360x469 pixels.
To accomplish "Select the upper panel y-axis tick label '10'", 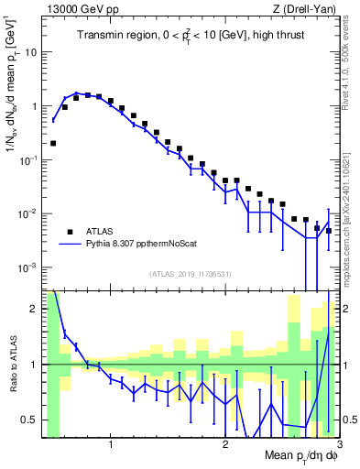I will (30, 52).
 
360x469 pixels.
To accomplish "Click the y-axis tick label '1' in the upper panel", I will (34, 106).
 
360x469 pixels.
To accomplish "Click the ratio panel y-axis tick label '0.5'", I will (30, 420).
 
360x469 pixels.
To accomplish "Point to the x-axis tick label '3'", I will (339, 446).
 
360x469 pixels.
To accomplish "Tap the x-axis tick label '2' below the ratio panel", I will (225, 446).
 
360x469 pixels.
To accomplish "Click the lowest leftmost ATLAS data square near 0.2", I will (53, 143).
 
